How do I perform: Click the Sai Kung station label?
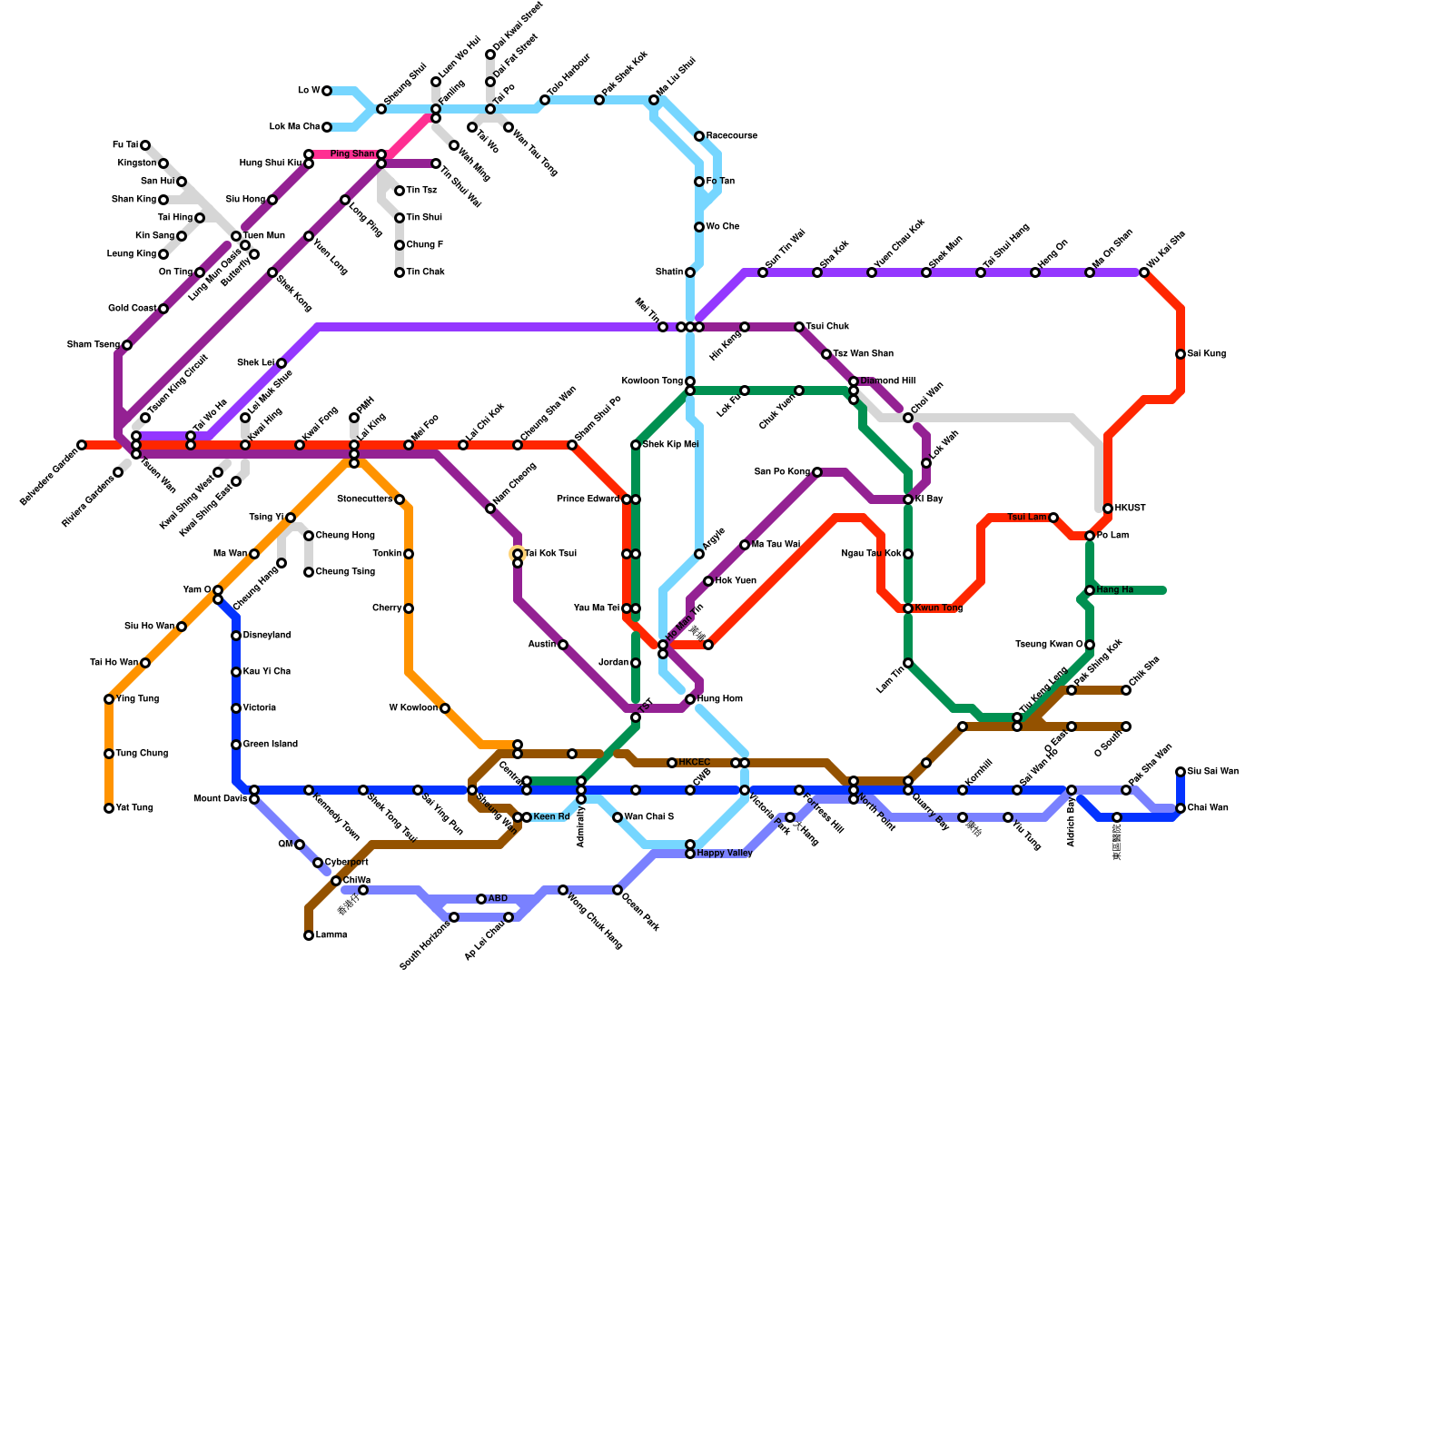(x=1207, y=354)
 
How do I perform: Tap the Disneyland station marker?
(x=236, y=636)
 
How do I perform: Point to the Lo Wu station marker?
(x=327, y=91)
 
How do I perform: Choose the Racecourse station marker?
(x=699, y=136)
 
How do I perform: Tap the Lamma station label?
(x=331, y=935)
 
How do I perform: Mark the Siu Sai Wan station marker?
(x=1181, y=772)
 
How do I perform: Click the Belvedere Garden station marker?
(x=82, y=445)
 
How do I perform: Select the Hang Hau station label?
(x=1115, y=590)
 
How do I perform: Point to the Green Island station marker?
(x=236, y=745)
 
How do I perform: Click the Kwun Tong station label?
(x=938, y=608)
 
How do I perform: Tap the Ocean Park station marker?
(x=618, y=890)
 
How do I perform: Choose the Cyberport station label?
(x=346, y=863)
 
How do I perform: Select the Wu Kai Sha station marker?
(x=1144, y=272)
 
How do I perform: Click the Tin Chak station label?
(x=425, y=272)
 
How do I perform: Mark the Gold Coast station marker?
(x=163, y=309)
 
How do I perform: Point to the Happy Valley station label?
(x=725, y=854)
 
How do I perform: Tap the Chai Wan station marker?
(x=1181, y=808)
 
